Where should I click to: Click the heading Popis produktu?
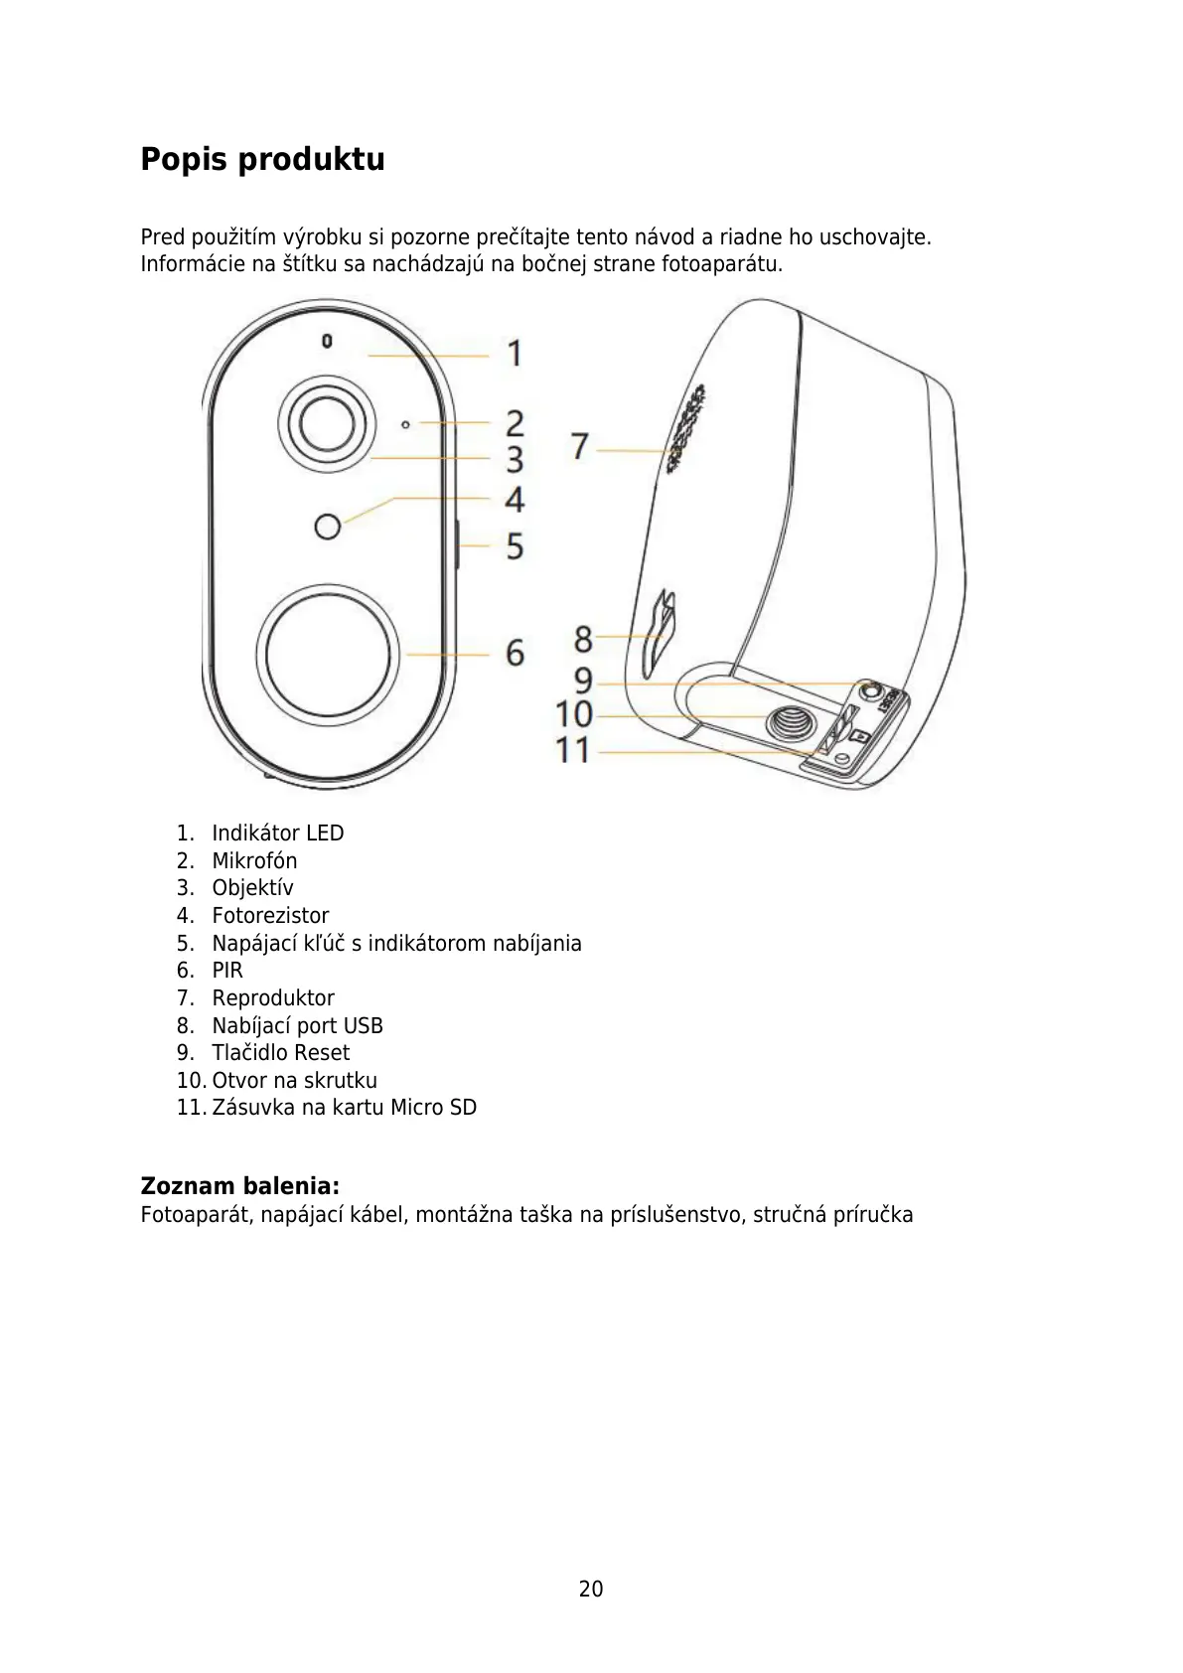[262, 159]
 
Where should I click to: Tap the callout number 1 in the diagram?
[515, 353]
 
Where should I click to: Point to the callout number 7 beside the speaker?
[580, 446]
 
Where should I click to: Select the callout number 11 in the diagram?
[572, 750]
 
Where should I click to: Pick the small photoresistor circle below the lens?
[327, 526]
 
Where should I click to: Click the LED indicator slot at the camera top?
[327, 342]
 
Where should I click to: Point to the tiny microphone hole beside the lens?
[405, 424]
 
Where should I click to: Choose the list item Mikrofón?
[254, 860]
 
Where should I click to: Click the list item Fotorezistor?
[270, 915]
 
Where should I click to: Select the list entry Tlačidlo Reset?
[280, 1052]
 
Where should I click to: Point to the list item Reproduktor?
[273, 997]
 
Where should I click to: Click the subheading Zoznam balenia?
[239, 1185]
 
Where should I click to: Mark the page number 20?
[591, 1589]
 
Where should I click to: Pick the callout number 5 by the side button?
[515, 545]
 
